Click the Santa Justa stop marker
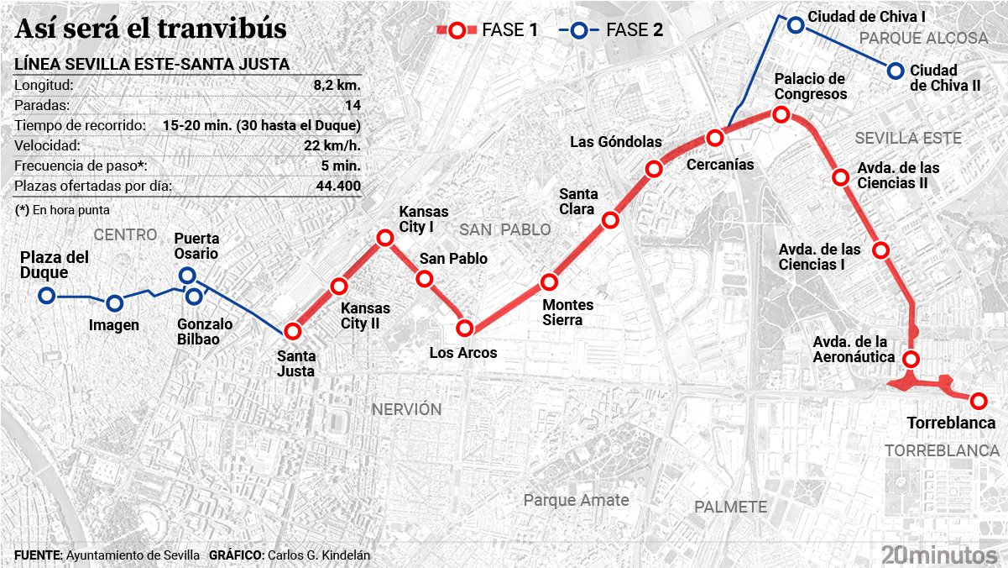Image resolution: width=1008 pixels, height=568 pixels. [x=292, y=331]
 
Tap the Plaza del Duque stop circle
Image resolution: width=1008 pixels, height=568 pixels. [x=47, y=296]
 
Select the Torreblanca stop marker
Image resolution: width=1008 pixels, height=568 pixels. [x=978, y=401]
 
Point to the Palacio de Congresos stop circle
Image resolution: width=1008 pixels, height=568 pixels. [x=781, y=114]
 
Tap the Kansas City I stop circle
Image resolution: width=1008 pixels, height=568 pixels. [x=385, y=238]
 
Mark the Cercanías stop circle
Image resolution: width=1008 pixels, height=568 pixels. [x=715, y=138]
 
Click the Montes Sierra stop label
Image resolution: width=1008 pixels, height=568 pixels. [x=567, y=312]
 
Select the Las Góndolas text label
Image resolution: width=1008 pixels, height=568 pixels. [x=616, y=142]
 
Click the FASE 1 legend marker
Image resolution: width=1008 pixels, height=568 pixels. [x=457, y=31]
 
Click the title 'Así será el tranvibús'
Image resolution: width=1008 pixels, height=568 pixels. [x=151, y=29]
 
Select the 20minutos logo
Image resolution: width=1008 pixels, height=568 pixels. [x=939, y=555]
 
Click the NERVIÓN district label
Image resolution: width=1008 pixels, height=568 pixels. [x=406, y=409]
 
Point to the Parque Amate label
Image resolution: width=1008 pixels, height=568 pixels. [x=576, y=500]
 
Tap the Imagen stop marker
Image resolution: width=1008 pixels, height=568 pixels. [x=115, y=303]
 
